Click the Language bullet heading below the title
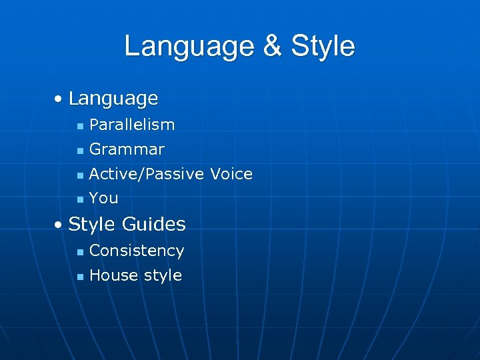(x=113, y=99)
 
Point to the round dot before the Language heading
(x=59, y=99)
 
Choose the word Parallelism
(x=132, y=125)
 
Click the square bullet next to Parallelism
(x=79, y=126)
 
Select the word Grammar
(x=127, y=149)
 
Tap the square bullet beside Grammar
(x=79, y=151)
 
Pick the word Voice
(x=231, y=174)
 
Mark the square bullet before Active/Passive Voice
(x=79, y=175)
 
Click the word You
(x=103, y=198)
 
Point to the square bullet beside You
(x=79, y=199)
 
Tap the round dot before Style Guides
(x=59, y=225)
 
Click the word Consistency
(x=137, y=251)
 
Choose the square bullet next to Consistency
(x=79, y=252)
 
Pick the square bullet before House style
(x=79, y=277)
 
